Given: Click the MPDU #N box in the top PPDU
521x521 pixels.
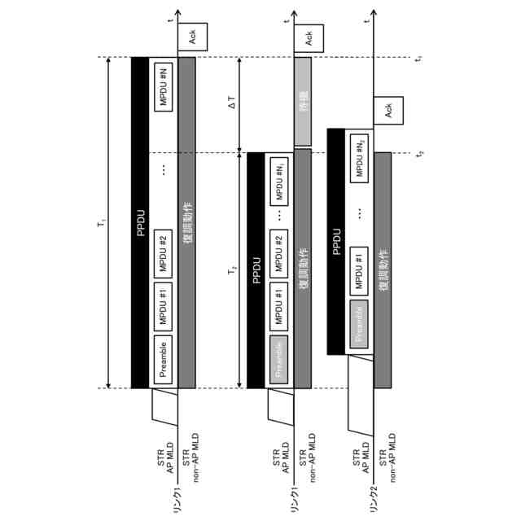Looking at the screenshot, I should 163,85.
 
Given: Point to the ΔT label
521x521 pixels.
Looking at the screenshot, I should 233,104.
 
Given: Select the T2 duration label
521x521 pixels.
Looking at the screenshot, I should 232,269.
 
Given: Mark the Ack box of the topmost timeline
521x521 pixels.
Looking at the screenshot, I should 193,37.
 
